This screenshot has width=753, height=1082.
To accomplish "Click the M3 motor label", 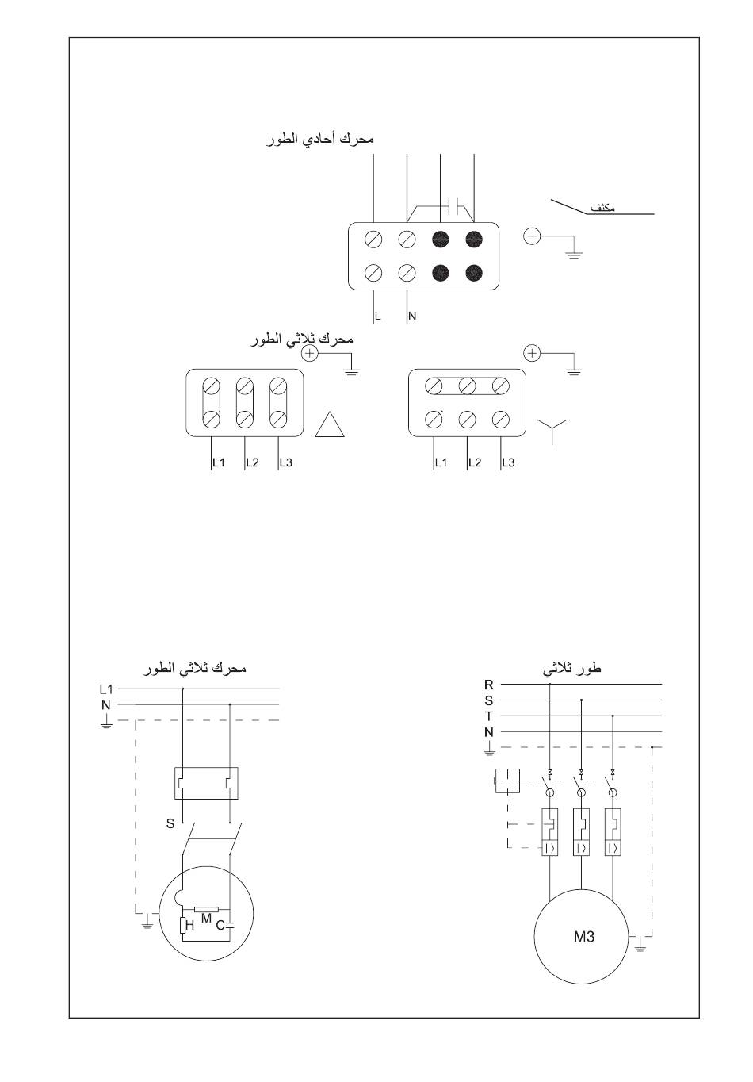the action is [x=584, y=937].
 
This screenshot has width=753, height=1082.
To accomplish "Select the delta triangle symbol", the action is [x=331, y=425].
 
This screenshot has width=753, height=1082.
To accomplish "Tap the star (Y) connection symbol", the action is [x=554, y=431].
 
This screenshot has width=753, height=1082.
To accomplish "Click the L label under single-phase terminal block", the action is [x=378, y=316].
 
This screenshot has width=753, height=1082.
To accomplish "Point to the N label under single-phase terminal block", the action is [x=412, y=316].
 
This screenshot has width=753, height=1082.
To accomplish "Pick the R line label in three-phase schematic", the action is [x=489, y=685].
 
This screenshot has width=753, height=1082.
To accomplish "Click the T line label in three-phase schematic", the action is [x=489, y=716].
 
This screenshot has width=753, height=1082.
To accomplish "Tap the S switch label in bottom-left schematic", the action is [x=170, y=823].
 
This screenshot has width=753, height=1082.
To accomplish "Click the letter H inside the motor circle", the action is [x=190, y=925].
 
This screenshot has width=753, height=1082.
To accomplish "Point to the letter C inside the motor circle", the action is [x=221, y=925].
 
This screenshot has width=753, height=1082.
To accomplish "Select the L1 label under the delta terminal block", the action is [x=219, y=462].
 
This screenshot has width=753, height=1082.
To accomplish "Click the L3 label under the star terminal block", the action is [x=508, y=462].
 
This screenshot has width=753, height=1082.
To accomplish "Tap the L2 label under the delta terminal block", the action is [x=252, y=462].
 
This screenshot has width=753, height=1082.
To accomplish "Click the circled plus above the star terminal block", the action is [x=533, y=353].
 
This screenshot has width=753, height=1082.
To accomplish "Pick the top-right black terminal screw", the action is [x=474, y=238].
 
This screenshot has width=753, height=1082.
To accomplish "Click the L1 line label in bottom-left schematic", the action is [x=106, y=689].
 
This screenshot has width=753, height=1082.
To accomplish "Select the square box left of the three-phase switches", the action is [x=507, y=781].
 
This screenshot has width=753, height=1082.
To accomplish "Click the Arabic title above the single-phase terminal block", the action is [x=322, y=139].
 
